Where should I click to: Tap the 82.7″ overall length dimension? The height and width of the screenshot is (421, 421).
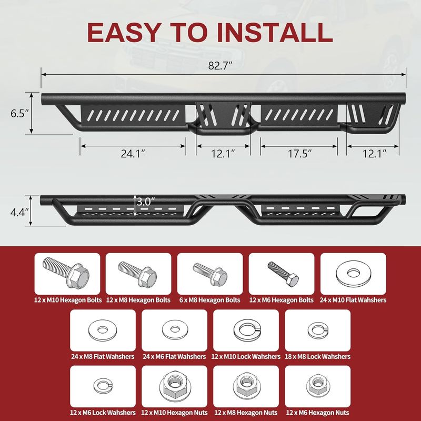220,66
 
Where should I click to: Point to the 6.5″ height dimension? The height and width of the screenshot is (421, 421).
19,113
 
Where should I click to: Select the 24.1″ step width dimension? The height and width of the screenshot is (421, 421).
133,154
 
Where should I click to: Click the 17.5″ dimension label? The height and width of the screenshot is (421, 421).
299,154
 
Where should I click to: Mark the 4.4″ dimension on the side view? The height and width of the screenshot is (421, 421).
19,213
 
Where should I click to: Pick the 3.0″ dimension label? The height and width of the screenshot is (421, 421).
146,201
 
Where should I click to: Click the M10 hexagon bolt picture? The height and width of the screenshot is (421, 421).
66,273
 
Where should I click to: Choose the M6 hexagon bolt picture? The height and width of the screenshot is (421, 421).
283,273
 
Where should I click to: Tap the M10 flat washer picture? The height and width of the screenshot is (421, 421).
353,274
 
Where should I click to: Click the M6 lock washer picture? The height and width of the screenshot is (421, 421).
103,386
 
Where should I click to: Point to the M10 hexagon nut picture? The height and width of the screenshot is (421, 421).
175,385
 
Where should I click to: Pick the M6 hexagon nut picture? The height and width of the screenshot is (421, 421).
318,385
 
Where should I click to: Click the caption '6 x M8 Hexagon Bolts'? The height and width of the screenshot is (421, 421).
209,300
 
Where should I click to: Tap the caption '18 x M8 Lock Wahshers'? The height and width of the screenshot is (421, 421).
318,357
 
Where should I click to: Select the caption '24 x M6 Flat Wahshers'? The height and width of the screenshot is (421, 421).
174,357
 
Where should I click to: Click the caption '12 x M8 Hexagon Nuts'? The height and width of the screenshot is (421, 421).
246,413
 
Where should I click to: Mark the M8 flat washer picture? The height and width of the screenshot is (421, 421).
102,330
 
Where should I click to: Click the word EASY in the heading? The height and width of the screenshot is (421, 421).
124,33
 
